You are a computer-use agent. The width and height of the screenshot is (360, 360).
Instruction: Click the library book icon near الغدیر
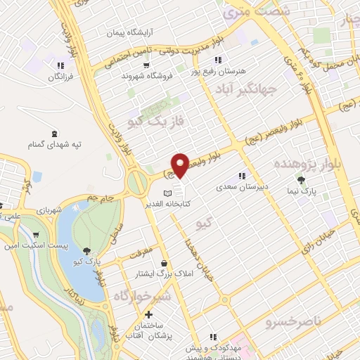[167, 193]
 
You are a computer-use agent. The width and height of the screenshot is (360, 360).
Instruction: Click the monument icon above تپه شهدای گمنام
[55, 133]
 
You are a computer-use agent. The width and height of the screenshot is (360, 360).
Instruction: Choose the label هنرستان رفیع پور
[219, 71]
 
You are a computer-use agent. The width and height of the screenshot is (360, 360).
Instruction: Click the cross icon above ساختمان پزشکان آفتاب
[148, 314]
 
